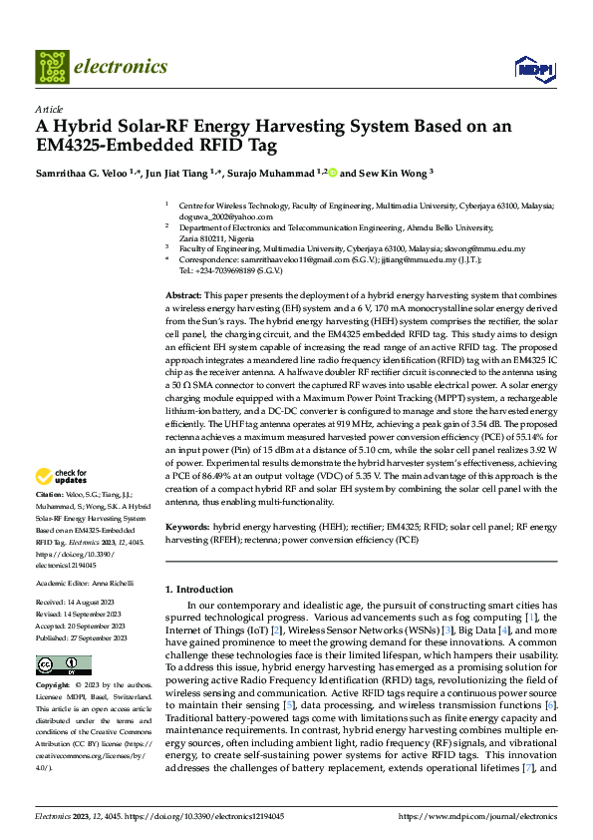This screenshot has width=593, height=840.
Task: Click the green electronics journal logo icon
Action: pos(51,67)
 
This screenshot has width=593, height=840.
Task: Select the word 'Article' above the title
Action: pos(48,109)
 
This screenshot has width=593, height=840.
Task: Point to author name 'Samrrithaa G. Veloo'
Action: pos(82,173)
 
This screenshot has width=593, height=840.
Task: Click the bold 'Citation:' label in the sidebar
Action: pos(50,495)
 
